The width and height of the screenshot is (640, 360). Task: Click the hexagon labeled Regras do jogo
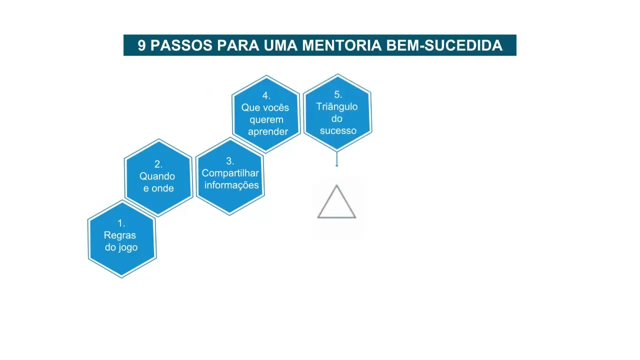(x=122, y=239)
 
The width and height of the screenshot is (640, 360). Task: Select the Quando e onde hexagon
(x=158, y=177)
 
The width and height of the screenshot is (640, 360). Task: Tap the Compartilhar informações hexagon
(x=230, y=176)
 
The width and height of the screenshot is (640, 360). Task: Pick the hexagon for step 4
(x=266, y=114)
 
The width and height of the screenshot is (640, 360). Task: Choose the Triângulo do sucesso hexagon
(x=337, y=112)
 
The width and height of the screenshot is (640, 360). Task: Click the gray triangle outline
(x=336, y=202)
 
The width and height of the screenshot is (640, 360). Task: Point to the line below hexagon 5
(x=336, y=159)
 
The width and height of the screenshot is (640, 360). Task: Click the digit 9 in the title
(x=141, y=45)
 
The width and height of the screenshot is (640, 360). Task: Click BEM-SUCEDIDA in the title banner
(x=444, y=45)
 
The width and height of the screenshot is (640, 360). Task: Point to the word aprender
(x=268, y=131)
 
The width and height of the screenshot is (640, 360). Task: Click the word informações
(x=231, y=185)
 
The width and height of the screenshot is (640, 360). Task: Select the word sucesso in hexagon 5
(x=338, y=130)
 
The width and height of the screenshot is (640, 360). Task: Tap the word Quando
(x=157, y=176)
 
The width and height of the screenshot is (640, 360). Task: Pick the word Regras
(x=120, y=235)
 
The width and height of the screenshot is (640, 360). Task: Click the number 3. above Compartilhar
(x=230, y=161)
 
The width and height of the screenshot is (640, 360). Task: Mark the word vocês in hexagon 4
(x=276, y=107)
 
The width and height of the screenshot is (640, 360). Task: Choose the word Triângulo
(x=337, y=106)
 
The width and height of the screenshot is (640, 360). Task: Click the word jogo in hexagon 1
(x=128, y=247)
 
